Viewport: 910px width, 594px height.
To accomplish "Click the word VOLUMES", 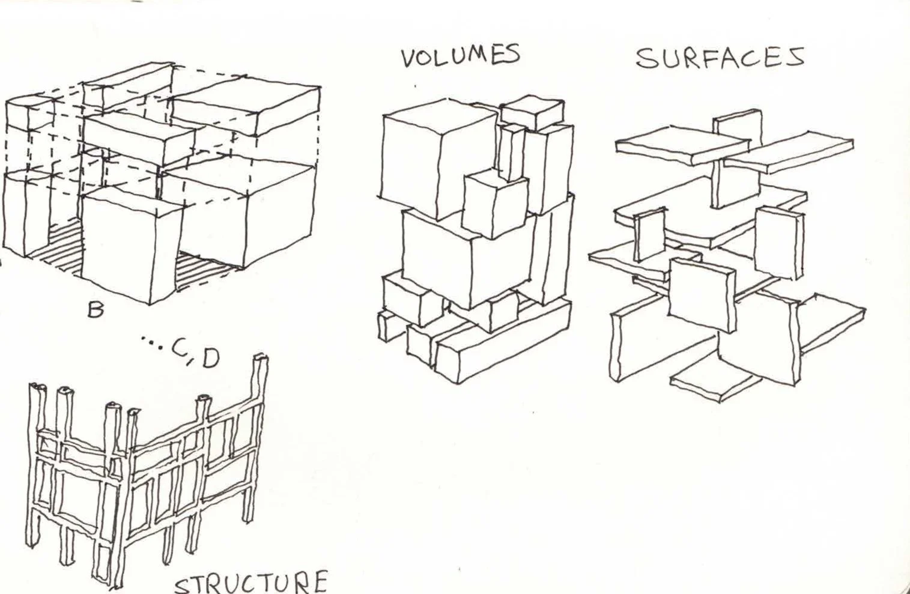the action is [x=460, y=56].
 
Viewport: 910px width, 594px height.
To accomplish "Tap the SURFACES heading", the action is [x=720, y=58].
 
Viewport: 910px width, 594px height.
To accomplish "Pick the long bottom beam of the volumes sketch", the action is [x=505, y=342].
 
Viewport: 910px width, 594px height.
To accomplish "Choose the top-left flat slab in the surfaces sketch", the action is [x=682, y=145].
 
